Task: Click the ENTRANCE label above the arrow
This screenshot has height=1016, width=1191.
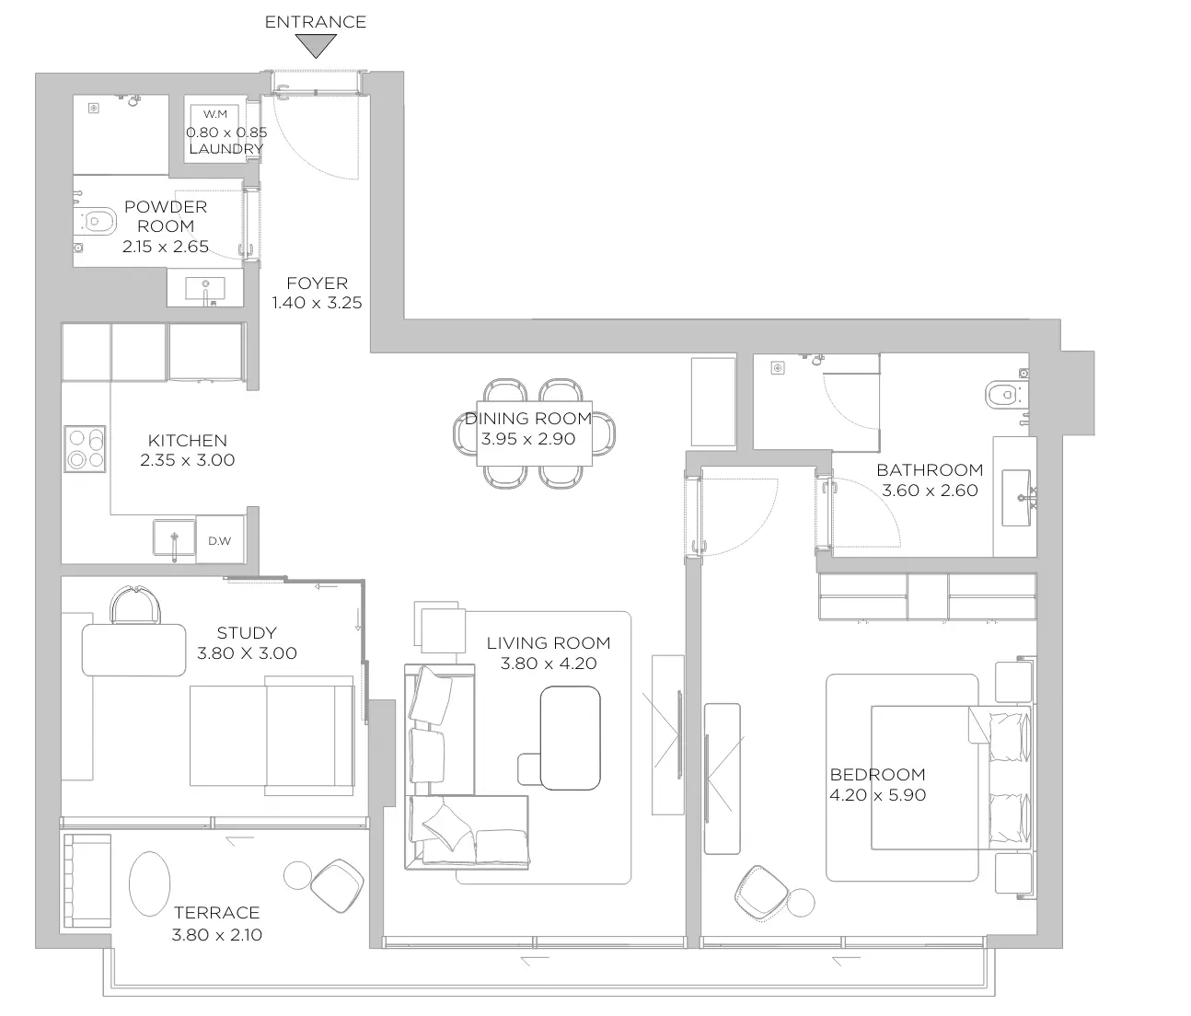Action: [x=315, y=22]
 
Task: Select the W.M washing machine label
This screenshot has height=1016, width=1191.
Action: [x=215, y=114]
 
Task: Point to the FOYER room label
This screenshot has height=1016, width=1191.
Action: [x=317, y=283]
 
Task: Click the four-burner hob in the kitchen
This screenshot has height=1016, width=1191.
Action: [x=86, y=449]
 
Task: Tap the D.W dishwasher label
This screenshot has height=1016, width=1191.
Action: [x=220, y=540]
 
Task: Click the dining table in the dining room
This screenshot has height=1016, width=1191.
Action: [x=534, y=433]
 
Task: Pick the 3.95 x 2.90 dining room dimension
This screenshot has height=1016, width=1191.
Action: [x=528, y=439]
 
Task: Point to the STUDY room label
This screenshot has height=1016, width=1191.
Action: [x=247, y=633]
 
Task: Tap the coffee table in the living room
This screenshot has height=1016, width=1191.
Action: [x=571, y=738]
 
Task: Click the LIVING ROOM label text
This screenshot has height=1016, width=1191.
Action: [x=549, y=642]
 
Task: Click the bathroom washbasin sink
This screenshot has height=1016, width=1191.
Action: [x=1017, y=498]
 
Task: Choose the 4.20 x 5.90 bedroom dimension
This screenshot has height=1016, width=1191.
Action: [x=877, y=795]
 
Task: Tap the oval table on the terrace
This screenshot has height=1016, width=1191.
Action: [x=150, y=883]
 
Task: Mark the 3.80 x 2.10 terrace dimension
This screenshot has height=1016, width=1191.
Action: [x=216, y=935]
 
